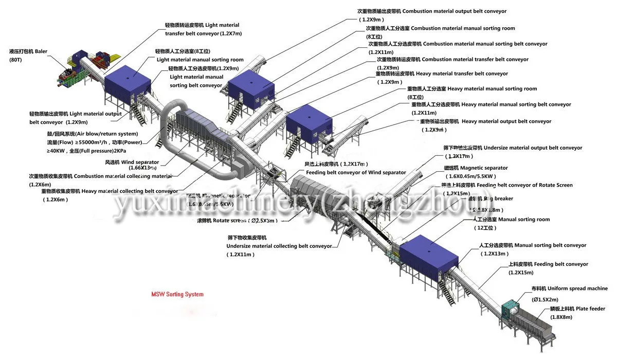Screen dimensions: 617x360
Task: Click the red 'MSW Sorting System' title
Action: pyautogui.click(x=177, y=295)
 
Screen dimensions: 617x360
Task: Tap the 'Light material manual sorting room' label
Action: pyautogui.click(x=200, y=60)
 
